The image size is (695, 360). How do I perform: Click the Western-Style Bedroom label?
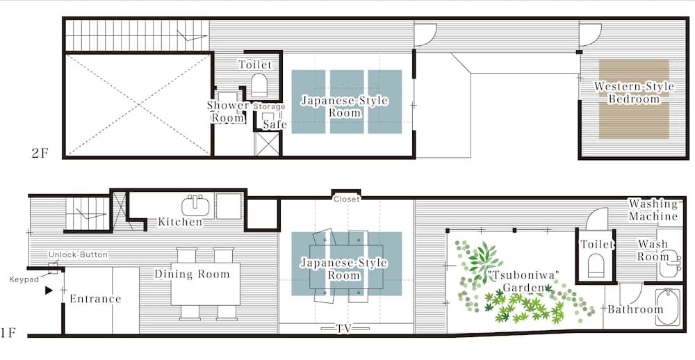[x=634, y=92]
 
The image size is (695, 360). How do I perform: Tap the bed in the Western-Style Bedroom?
[x=634, y=99]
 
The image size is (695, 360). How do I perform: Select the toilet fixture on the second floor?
[x=259, y=85]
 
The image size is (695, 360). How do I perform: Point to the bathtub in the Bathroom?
[x=667, y=306]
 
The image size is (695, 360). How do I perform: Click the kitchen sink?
[x=195, y=206]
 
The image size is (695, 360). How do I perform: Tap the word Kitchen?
[x=181, y=222]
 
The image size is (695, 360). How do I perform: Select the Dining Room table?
[x=205, y=284]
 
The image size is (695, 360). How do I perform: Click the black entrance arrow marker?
[x=49, y=291]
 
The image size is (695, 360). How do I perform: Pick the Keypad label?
[x=24, y=279]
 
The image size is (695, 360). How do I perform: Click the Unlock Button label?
[x=78, y=255]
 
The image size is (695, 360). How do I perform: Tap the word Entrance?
[x=95, y=299]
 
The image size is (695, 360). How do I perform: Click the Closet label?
[x=347, y=199]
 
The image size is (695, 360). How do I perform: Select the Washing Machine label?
[x=653, y=211]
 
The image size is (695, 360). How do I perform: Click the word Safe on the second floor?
[x=275, y=124]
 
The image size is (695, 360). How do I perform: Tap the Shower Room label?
[x=228, y=112]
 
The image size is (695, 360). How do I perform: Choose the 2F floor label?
[x=40, y=154]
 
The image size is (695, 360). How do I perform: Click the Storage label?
[x=269, y=107]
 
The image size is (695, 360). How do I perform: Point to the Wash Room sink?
[x=668, y=264]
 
